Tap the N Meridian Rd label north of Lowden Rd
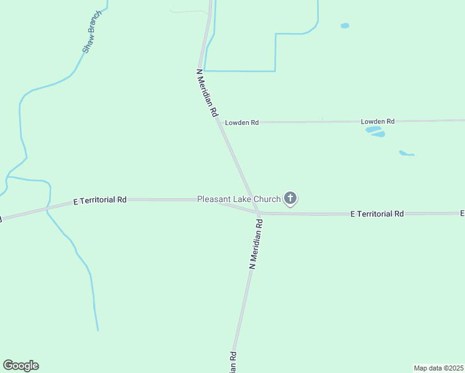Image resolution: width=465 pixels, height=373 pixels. tap(207, 93)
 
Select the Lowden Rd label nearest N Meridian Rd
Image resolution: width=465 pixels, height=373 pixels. tap(242, 123)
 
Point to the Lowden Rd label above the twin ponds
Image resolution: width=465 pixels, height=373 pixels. tap(378, 122)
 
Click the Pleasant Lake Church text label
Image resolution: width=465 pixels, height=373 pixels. tap(239, 199)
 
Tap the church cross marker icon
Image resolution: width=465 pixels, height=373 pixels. tap(290, 198)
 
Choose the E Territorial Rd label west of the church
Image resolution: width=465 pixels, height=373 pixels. tap(100, 200)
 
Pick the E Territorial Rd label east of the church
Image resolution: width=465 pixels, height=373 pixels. tap(377, 214)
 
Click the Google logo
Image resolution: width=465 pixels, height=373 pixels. tap(21, 366)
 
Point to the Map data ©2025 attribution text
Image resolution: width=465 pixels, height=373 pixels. tap(438, 368)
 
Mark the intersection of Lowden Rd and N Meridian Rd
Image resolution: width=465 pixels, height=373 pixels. tap(219, 122)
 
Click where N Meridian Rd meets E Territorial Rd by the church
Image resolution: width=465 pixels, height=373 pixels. tap(257, 213)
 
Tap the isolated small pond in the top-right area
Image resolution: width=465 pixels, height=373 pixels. tap(344, 26)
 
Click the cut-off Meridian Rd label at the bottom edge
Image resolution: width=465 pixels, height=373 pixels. tap(233, 363)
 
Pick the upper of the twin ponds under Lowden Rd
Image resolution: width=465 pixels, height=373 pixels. tap(373, 129)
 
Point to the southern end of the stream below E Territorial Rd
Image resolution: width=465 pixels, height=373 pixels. tap(98, 329)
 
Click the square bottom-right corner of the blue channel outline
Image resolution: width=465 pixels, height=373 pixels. tap(275, 71)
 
